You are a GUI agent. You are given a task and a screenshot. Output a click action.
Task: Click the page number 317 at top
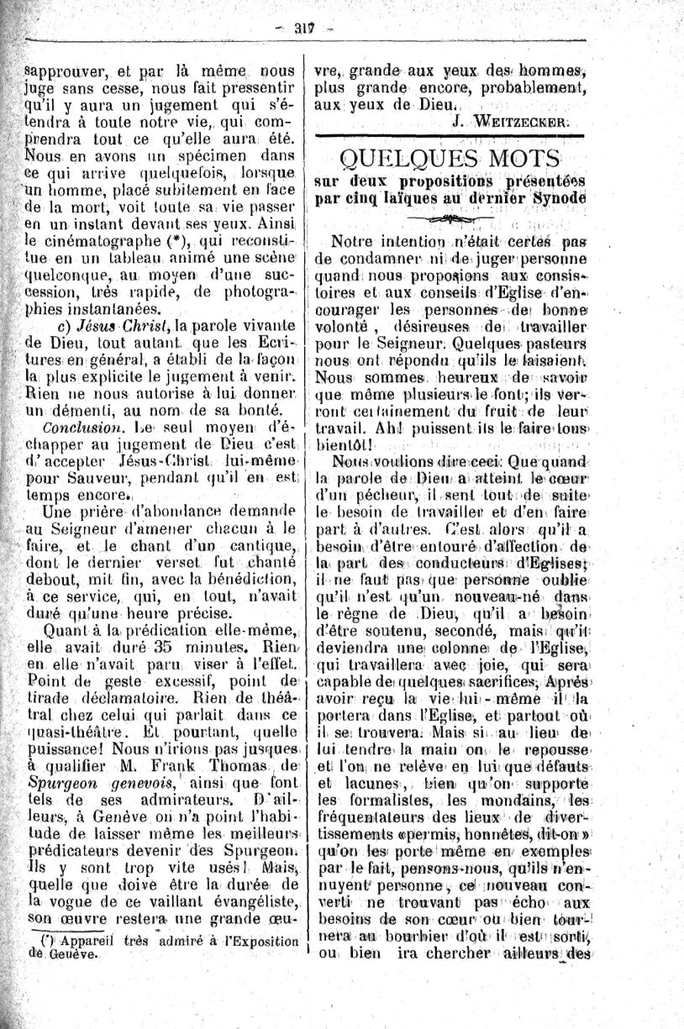click(303, 29)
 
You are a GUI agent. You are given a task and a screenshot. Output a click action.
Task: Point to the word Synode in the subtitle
click(558, 198)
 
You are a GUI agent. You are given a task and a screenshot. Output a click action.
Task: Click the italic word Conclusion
click(83, 427)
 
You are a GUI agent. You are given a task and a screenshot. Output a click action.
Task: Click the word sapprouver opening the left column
click(64, 71)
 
